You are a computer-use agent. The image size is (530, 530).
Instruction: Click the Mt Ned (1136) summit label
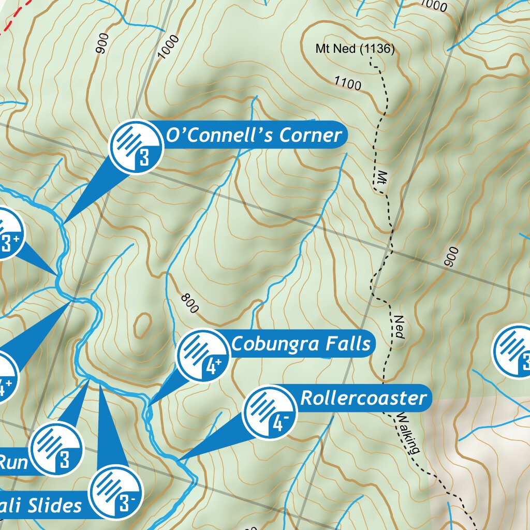click(355, 49)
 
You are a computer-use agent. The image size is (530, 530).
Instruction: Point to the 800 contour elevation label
click(190, 304)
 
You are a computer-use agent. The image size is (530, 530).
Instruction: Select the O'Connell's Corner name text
click(253, 136)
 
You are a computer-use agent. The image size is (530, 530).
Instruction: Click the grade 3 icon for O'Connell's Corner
click(136, 147)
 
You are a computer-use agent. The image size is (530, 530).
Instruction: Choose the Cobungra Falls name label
click(301, 344)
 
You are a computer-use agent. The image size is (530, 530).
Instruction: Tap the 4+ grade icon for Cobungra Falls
click(203, 356)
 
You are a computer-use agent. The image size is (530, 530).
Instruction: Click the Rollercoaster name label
click(363, 398)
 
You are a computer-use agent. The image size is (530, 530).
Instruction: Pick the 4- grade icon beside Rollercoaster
click(270, 413)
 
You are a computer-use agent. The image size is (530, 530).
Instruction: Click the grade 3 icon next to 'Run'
click(56, 448)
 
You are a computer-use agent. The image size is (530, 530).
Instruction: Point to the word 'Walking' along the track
click(407, 433)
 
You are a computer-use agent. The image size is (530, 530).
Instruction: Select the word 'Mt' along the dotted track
click(382, 177)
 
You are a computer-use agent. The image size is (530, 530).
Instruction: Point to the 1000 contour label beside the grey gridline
click(169, 47)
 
